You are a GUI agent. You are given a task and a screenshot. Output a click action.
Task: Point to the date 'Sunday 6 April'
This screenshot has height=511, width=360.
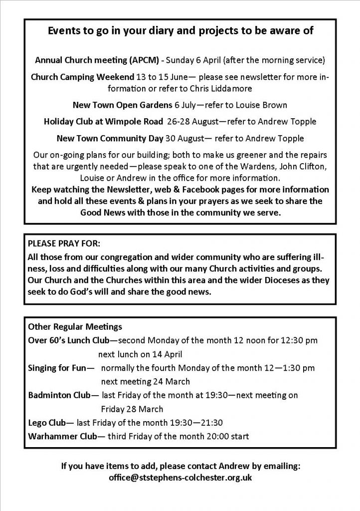pyautogui.click(x=192, y=61)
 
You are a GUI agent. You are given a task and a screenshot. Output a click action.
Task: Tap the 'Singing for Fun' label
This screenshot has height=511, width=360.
pyautogui.click(x=58, y=368)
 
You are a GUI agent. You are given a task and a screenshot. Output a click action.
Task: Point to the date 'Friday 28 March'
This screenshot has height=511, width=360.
pyautogui.click(x=132, y=409)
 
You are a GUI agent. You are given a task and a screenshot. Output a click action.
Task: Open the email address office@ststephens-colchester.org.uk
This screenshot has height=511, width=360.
pyautogui.click(x=180, y=478)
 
